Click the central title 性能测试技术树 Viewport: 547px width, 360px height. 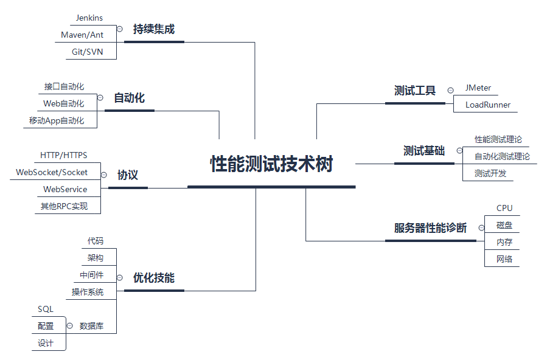[271, 164]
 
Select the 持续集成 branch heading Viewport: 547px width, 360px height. [154, 29]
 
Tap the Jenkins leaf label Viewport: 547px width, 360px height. [89, 18]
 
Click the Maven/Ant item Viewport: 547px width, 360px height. [82, 35]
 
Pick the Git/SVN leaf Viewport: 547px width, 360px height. [87, 52]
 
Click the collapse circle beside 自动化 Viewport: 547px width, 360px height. [100, 97]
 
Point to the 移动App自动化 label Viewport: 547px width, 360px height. [57, 120]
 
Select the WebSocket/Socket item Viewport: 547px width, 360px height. [52, 172]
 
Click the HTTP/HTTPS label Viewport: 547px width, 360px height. [63, 155]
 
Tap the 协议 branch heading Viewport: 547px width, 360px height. [128, 175]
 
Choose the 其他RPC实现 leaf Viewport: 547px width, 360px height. [64, 206]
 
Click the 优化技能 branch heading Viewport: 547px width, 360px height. [154, 278]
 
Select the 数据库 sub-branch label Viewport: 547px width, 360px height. [91, 326]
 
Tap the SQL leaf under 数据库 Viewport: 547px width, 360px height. [46, 309]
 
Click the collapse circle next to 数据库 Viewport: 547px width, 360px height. [70, 325]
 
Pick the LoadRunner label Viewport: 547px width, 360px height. [488, 105]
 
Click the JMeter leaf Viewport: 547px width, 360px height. [478, 88]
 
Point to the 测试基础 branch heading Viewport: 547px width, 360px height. [424, 151]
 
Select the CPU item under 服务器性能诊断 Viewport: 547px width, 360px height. [504, 208]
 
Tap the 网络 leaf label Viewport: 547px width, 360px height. [504, 259]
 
